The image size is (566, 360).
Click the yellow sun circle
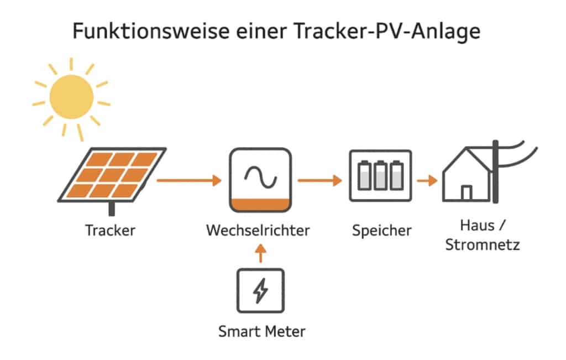click(71, 97)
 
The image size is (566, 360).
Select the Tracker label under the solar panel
click(110, 230)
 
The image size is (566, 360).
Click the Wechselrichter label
click(258, 230)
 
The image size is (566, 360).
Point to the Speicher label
click(381, 230)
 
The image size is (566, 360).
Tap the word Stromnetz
click(483, 244)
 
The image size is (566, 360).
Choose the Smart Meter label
click(261, 332)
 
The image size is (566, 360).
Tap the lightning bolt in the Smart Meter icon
click(260, 291)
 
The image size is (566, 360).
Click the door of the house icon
click(467, 192)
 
